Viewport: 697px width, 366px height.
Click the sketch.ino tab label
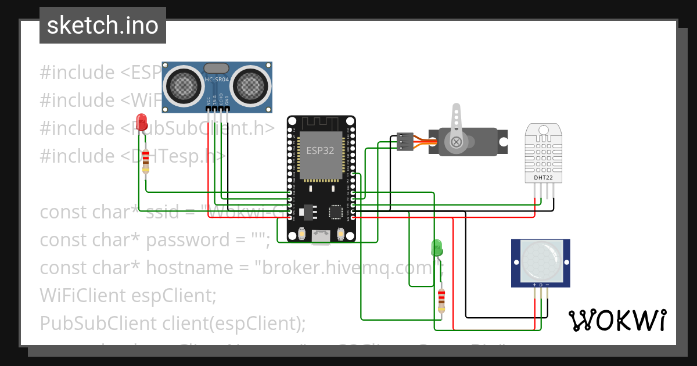(103, 26)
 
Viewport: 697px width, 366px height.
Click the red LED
(141, 122)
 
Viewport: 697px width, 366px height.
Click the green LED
(436, 248)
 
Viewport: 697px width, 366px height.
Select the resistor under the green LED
(441, 299)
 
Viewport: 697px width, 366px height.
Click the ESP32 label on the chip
(320, 150)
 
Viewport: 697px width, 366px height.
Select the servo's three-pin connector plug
(405, 142)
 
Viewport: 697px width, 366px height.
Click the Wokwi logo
(617, 320)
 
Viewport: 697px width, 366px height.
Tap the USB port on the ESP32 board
(320, 236)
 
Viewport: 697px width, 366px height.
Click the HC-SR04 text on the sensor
(217, 79)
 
